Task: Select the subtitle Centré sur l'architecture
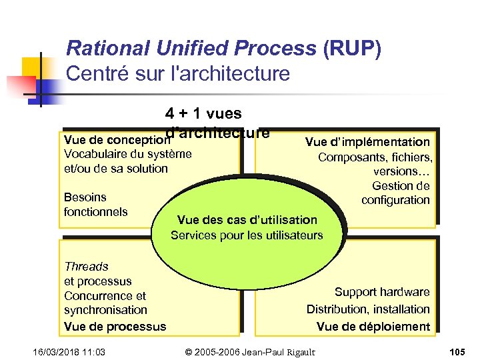coord(178,73)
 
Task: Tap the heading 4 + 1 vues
coord(203,114)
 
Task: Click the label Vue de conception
coord(114,141)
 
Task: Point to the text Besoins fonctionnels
coord(95,204)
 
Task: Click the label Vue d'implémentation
coord(367,141)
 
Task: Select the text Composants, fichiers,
coord(375,157)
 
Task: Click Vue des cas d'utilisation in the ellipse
coord(247,219)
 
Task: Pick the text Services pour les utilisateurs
coord(247,235)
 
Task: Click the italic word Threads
coord(86,266)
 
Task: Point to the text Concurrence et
coord(105,295)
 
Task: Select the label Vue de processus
coord(115,326)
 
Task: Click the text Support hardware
coord(381,292)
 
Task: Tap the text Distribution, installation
coord(368,309)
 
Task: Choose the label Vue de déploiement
coord(373,326)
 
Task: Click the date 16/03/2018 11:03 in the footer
coord(65,351)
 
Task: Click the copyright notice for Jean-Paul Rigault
coord(250,351)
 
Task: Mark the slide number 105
coord(457,351)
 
